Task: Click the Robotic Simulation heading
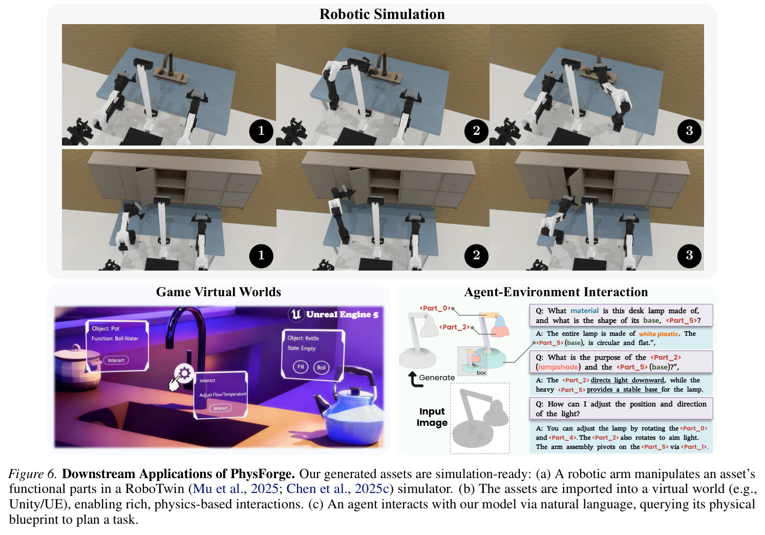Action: [x=382, y=14]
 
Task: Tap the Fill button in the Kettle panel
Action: [x=301, y=367]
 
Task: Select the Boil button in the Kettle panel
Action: [x=322, y=367]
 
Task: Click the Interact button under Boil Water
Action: [x=116, y=360]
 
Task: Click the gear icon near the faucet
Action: [x=184, y=373]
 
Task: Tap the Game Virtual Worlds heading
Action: [x=219, y=292]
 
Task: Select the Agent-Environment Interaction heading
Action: [x=556, y=292]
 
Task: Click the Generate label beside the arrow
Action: [x=437, y=377]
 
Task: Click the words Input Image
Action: [x=432, y=417]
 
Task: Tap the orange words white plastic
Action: [x=658, y=334]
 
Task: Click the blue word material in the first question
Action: [x=584, y=311]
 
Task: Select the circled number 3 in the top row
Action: [x=689, y=131]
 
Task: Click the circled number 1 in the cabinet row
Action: [x=261, y=255]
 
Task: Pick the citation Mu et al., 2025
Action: [x=236, y=489]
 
